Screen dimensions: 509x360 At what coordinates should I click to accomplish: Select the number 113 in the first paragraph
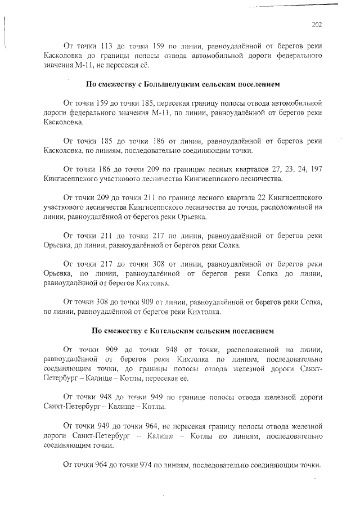tap(107, 46)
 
